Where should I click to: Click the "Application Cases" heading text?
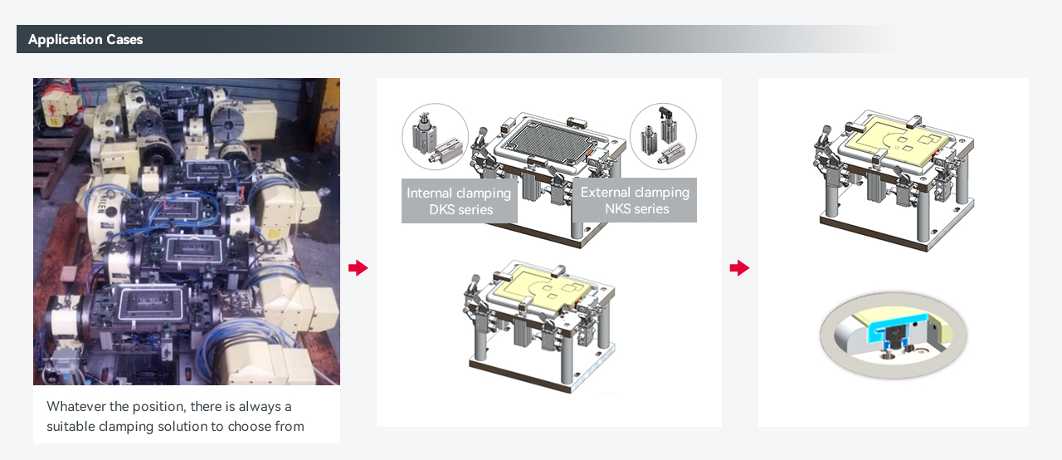pyautogui.click(x=85, y=39)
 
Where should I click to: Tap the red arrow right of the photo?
pyautogui.click(x=358, y=267)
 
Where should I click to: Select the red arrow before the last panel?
pyautogui.click(x=739, y=267)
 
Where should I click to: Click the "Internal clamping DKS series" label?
pyautogui.click(x=459, y=201)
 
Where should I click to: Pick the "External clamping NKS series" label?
pyautogui.click(x=635, y=199)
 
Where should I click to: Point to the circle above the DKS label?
pyautogui.click(x=436, y=136)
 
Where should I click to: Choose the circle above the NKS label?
pyautogui.click(x=663, y=136)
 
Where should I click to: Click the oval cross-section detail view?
pyautogui.click(x=894, y=335)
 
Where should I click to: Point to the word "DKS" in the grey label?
pyautogui.click(x=441, y=209)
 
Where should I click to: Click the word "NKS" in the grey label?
pyautogui.click(x=616, y=208)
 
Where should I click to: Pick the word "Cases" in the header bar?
pyautogui.click(x=124, y=39)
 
